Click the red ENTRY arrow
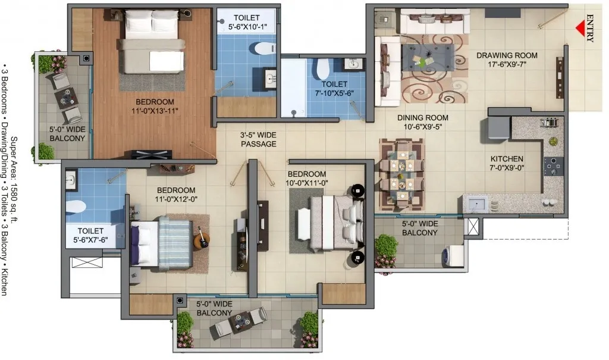click(x=580, y=29)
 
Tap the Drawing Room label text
click(x=507, y=55)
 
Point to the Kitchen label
click(x=507, y=159)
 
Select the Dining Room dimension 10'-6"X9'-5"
click(x=423, y=127)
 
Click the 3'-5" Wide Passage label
click(x=258, y=140)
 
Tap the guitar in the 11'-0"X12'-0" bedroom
click(x=202, y=237)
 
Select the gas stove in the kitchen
click(x=553, y=166)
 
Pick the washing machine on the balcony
click(x=453, y=255)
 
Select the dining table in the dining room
click(x=401, y=174)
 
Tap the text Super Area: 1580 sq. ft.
click(x=14, y=180)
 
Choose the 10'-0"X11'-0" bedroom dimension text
click(x=307, y=183)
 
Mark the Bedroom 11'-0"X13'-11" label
click(x=155, y=106)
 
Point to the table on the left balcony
click(x=67, y=98)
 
